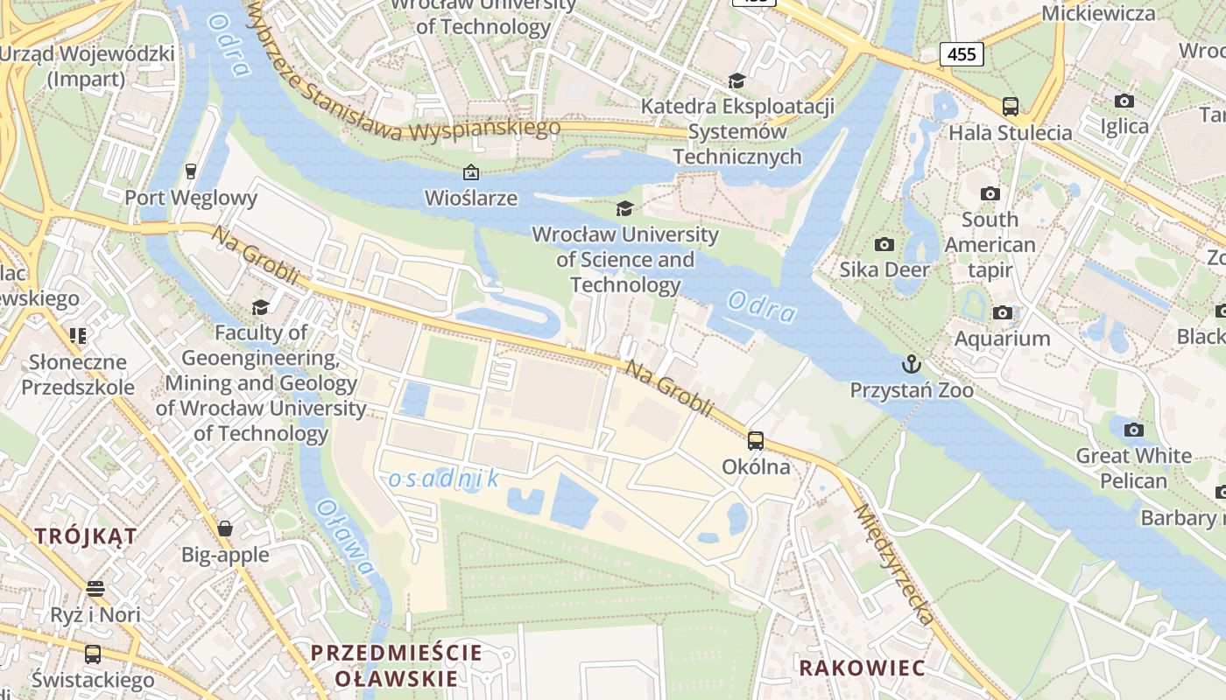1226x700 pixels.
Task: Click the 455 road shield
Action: (x=962, y=54)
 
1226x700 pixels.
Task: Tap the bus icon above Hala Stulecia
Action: (x=1010, y=107)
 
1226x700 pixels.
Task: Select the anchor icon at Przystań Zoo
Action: (x=912, y=363)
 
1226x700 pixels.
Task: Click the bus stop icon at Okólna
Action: (x=755, y=440)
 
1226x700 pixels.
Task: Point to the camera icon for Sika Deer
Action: (x=884, y=244)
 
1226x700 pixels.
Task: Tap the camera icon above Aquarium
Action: (x=1002, y=312)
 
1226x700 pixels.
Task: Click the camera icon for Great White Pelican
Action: (x=1133, y=430)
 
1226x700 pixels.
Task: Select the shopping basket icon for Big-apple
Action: (x=225, y=528)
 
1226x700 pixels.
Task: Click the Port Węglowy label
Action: (x=191, y=198)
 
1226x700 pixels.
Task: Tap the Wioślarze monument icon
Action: (x=471, y=172)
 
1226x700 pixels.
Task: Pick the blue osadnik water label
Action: (x=444, y=479)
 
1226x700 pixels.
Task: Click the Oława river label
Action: (x=346, y=536)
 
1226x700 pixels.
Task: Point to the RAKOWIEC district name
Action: (x=861, y=668)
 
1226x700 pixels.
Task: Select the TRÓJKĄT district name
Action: (x=86, y=536)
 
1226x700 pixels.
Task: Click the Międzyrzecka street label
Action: (x=892, y=563)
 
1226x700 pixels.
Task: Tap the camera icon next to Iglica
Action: (x=1124, y=101)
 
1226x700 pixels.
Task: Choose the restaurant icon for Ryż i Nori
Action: (x=95, y=589)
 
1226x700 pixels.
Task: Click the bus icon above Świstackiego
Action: (x=92, y=654)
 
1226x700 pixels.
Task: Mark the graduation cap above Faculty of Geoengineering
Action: (x=260, y=307)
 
